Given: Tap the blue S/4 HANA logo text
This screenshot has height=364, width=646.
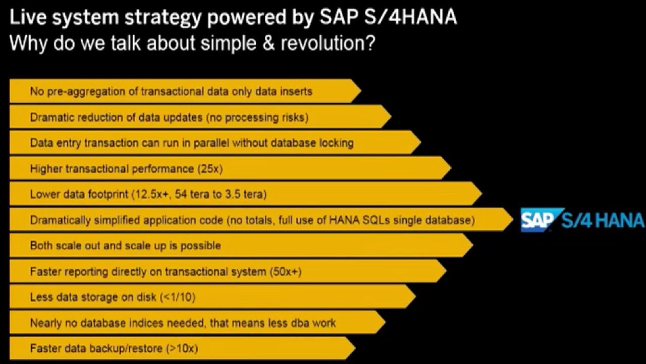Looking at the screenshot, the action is coord(602,220).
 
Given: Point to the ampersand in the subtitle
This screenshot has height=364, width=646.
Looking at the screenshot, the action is coord(268,43).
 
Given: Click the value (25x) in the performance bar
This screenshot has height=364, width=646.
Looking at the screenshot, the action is coord(210,169).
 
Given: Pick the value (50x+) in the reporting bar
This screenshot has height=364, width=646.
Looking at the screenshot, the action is coord(286,271).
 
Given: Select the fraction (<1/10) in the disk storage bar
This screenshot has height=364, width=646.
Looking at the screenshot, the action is coord(178,297).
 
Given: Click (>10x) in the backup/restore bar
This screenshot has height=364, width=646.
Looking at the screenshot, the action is coord(182,348).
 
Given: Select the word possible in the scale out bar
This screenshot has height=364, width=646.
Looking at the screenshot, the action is coord(200,246).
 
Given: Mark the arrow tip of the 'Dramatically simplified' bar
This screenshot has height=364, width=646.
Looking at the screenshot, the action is coord(513,219).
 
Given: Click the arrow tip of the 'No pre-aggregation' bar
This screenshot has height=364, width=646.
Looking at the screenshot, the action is coord(361,90).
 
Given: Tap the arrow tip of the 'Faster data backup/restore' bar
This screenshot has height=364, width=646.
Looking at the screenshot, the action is coord(355,348).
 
